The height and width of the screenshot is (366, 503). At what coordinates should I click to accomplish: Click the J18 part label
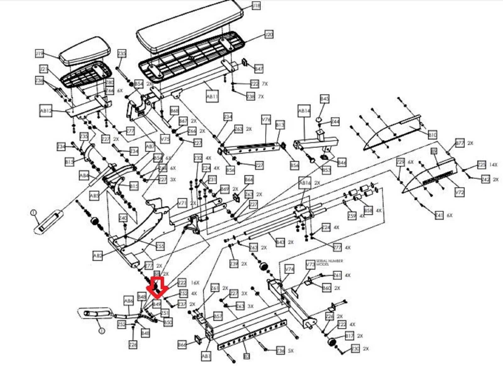point(257,5)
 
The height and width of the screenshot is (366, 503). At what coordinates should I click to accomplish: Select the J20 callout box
point(268,35)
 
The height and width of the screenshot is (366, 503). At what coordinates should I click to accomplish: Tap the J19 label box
point(39,54)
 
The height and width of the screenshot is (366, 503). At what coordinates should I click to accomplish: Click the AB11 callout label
point(212,97)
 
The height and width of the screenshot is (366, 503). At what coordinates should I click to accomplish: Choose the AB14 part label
point(304,111)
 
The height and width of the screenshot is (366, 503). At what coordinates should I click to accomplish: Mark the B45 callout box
point(324,99)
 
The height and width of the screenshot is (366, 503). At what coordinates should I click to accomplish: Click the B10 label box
point(433,135)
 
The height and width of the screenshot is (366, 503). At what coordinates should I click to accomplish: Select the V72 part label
point(460,192)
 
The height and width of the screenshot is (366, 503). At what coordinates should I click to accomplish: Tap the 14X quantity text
point(493,164)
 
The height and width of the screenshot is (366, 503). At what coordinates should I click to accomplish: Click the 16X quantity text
point(195,283)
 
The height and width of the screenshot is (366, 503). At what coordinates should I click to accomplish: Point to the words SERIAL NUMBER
point(329,261)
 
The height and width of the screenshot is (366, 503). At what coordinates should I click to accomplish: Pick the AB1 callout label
point(206,356)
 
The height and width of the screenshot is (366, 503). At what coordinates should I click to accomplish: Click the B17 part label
point(349,336)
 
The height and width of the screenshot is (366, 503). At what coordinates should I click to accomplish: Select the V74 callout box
point(289,269)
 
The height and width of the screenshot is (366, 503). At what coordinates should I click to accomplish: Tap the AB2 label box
point(97,256)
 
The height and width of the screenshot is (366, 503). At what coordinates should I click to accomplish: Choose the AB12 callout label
point(46,111)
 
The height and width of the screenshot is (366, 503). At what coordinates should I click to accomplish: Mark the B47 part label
point(259,69)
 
